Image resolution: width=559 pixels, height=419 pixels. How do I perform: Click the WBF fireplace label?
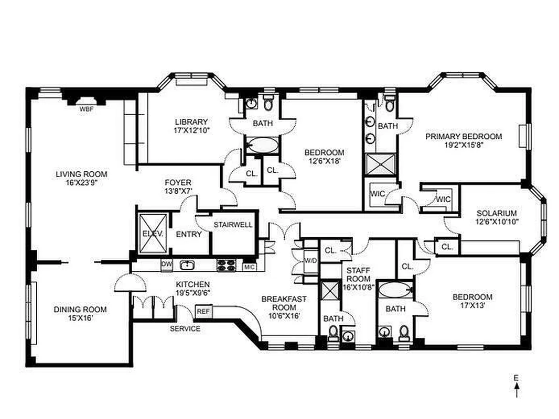click(x=86, y=109)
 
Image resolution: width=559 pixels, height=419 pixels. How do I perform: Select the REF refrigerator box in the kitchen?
click(x=202, y=311)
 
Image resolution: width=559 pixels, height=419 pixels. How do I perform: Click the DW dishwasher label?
click(x=166, y=264)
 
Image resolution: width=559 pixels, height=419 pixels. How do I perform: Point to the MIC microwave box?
click(x=250, y=267)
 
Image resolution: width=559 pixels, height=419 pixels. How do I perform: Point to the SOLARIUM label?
click(x=497, y=214)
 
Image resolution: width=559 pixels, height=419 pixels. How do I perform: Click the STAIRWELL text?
click(x=233, y=225)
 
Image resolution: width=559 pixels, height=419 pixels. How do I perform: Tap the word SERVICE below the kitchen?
click(x=185, y=329)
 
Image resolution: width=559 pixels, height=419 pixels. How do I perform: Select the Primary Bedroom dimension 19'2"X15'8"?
click(x=463, y=146)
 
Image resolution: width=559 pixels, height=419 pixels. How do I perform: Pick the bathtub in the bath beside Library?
click(x=261, y=145)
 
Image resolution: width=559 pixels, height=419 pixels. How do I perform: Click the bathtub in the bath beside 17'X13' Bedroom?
click(x=395, y=290)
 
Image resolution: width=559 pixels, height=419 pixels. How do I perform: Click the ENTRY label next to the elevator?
click(x=188, y=234)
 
